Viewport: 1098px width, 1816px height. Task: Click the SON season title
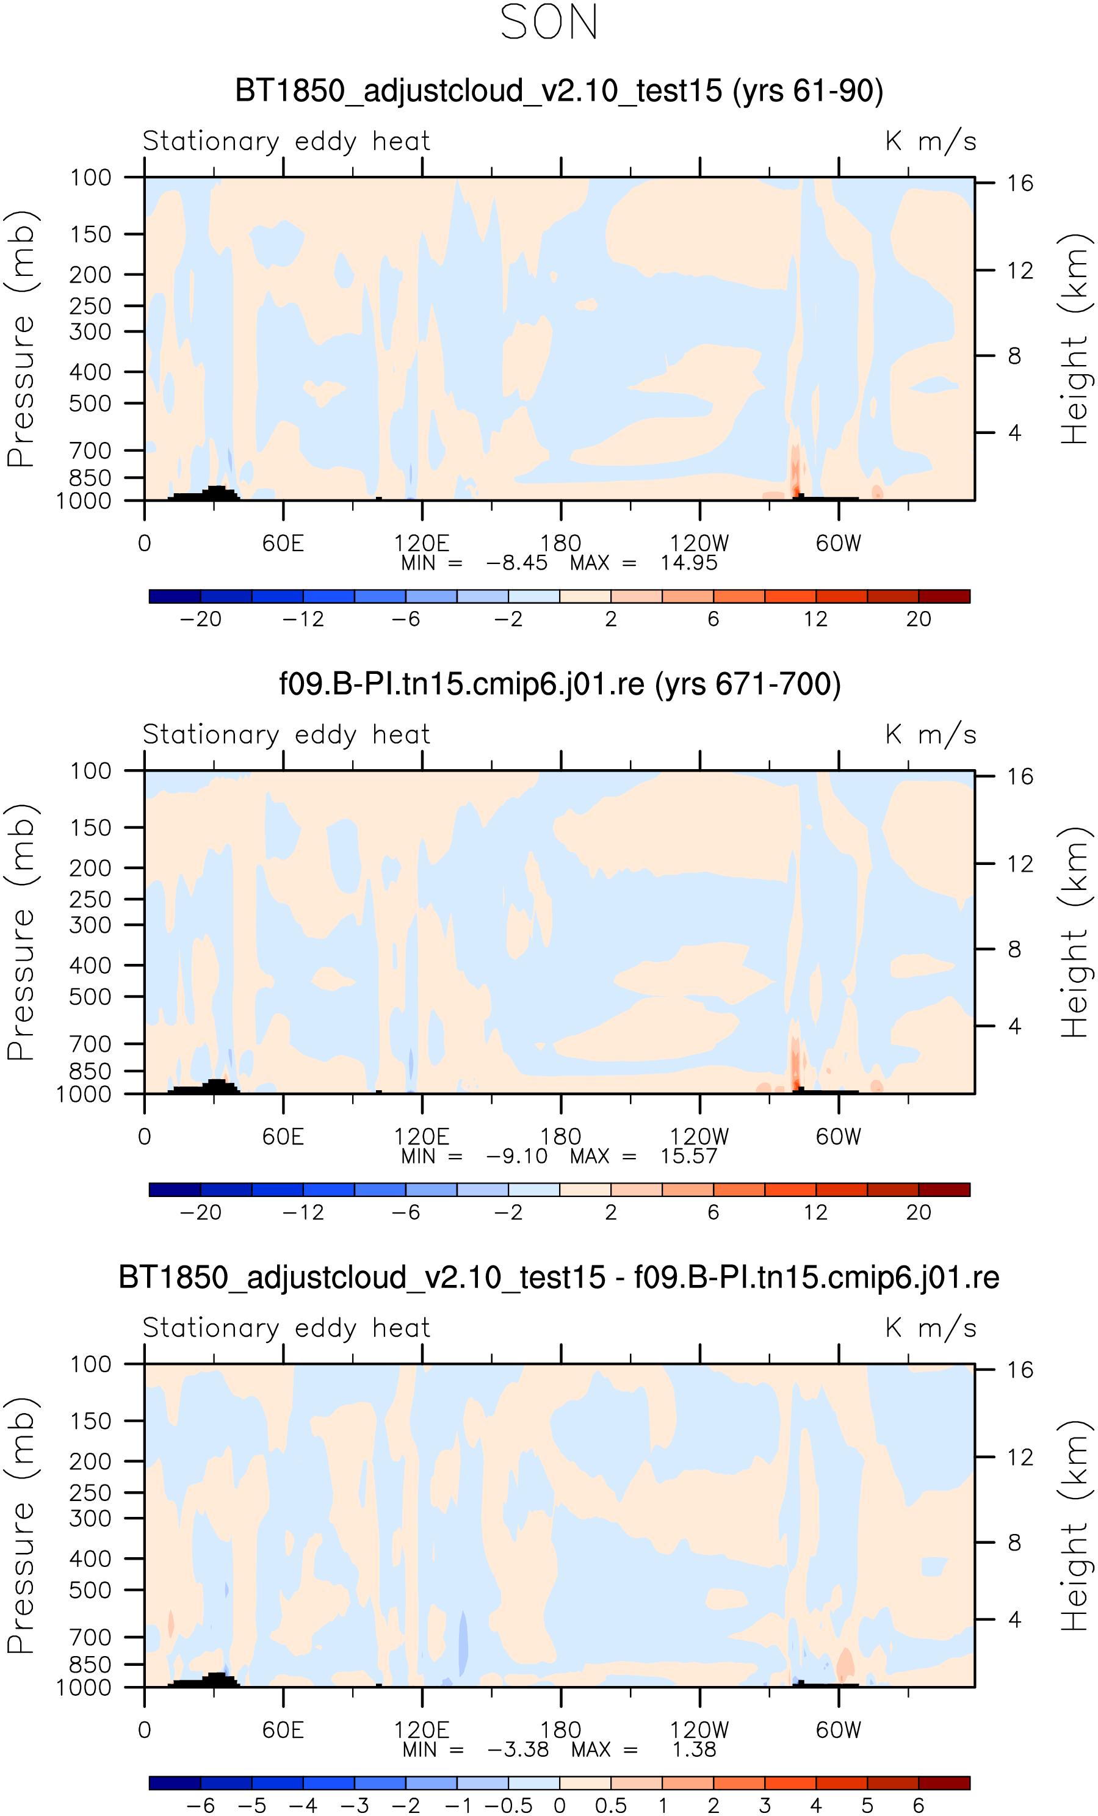[x=549, y=22]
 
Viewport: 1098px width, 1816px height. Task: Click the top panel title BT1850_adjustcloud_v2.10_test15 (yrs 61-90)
[x=558, y=91]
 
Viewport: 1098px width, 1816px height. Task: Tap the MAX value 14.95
[x=688, y=563]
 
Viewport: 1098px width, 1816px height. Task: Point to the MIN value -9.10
[x=516, y=1156]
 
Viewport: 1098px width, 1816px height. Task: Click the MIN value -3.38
[x=518, y=1749]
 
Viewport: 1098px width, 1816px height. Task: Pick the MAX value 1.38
[x=693, y=1749]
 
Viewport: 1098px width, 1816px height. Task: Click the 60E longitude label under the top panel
[x=283, y=543]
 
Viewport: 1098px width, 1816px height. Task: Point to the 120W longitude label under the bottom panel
[x=699, y=1730]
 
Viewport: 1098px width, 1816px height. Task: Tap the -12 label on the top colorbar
[x=303, y=619]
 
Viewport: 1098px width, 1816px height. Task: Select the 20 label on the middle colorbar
[x=918, y=1212]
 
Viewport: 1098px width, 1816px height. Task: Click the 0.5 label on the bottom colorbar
[x=611, y=1806]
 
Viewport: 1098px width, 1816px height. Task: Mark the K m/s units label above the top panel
[x=931, y=141]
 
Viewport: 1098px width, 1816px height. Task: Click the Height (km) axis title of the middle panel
[x=1074, y=932]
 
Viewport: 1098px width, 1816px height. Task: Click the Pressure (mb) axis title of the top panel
[x=21, y=338]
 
